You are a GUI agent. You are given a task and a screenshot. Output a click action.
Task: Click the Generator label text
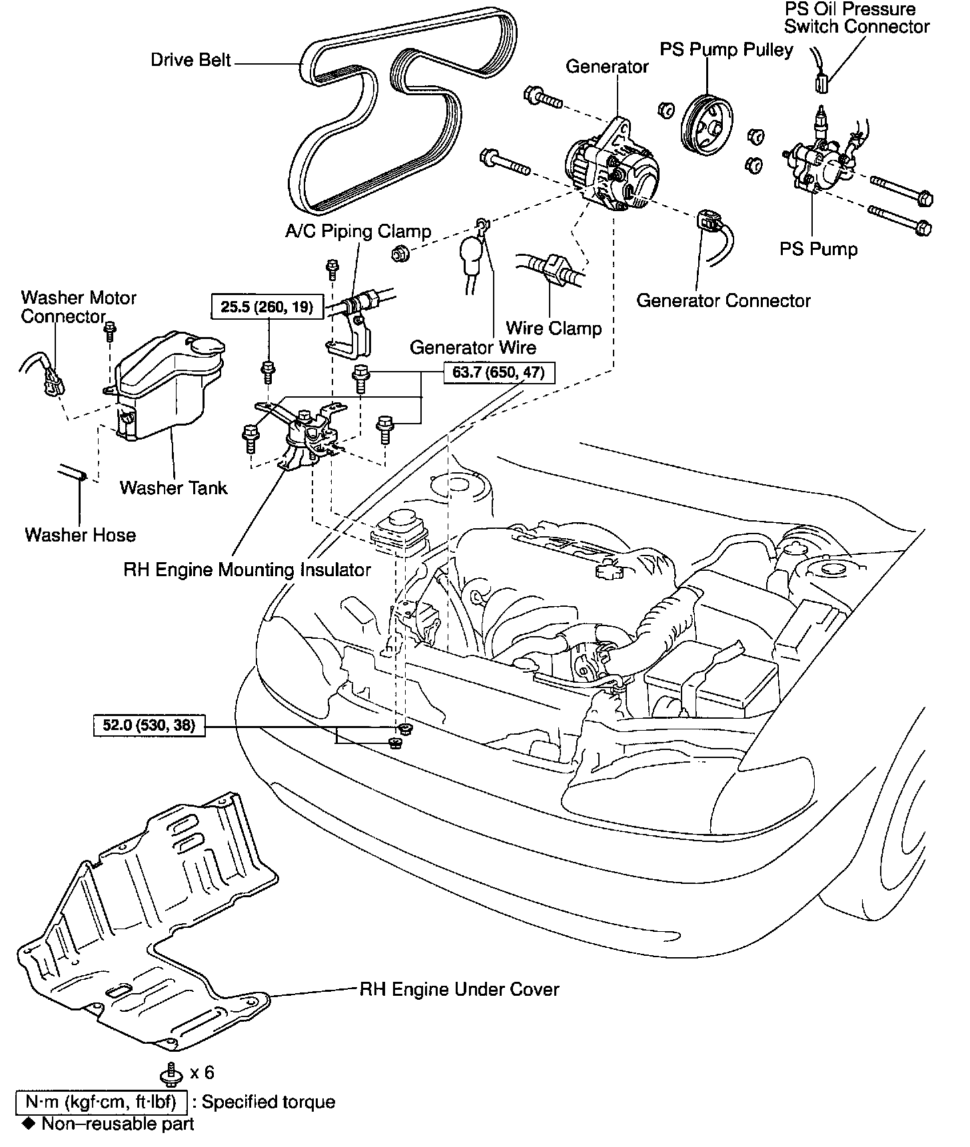(607, 67)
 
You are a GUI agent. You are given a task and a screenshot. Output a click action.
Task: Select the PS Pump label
(819, 249)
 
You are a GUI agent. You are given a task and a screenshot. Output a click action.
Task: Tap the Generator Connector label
(723, 300)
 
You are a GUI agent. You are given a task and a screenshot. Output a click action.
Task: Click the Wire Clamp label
(554, 328)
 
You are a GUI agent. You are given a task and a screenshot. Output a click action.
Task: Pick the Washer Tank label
(173, 488)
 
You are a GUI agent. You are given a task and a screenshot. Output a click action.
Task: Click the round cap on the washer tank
(207, 346)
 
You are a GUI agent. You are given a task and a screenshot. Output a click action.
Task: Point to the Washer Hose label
(80, 535)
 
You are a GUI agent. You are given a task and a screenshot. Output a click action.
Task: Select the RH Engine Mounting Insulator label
(247, 570)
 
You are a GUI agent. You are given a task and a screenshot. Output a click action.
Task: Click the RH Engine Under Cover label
(459, 989)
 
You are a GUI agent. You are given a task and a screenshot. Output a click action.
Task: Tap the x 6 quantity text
(202, 1072)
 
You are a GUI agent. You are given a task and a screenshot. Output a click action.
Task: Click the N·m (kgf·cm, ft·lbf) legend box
(101, 1102)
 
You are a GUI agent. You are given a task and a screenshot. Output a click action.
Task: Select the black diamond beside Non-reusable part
(27, 1124)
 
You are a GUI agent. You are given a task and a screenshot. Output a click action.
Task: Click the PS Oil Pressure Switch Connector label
(856, 18)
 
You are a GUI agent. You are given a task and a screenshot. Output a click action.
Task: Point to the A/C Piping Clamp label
(358, 231)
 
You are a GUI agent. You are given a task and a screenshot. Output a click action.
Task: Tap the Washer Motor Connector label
(79, 307)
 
